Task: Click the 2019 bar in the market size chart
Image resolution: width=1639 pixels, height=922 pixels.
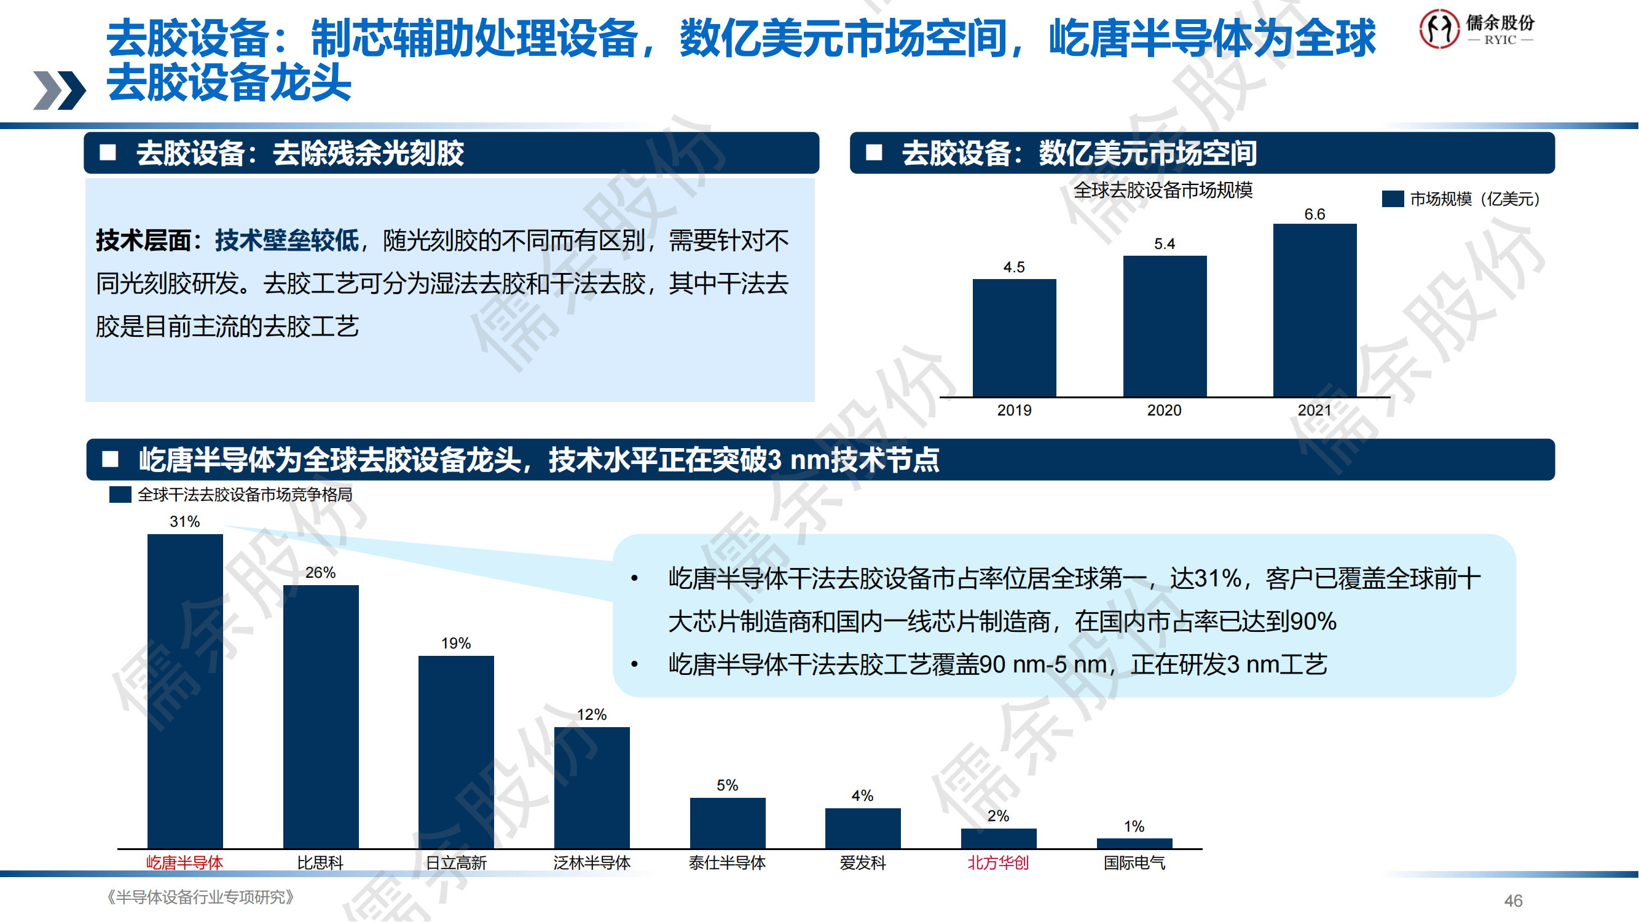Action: pyautogui.click(x=1014, y=337)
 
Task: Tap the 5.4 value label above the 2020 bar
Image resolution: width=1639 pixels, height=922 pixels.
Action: pyautogui.click(x=1165, y=243)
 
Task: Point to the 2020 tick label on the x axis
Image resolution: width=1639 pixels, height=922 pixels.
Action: pyautogui.click(x=1164, y=411)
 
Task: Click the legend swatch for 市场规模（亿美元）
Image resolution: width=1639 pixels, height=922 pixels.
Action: pyautogui.click(x=1393, y=199)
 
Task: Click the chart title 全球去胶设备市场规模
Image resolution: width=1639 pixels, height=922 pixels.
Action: pyautogui.click(x=1163, y=191)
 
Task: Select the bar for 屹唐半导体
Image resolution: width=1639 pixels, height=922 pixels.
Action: pyautogui.click(x=185, y=690)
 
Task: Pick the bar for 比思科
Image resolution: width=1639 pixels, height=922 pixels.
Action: pyautogui.click(x=321, y=716)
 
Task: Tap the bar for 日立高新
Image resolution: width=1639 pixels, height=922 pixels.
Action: pyautogui.click(x=456, y=752)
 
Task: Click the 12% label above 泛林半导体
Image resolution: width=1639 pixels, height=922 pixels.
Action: pyautogui.click(x=592, y=715)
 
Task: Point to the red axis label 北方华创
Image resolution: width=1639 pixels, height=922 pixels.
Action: pyautogui.click(x=997, y=863)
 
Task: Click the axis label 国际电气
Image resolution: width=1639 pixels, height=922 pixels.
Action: pyautogui.click(x=1134, y=863)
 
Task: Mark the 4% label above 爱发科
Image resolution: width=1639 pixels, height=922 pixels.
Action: pyautogui.click(x=862, y=795)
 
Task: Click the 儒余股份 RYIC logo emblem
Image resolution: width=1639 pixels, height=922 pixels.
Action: pyautogui.click(x=1439, y=29)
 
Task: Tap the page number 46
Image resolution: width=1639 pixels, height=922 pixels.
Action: pyautogui.click(x=1513, y=900)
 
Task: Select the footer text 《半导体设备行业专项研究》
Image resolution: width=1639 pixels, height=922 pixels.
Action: pyautogui.click(x=200, y=897)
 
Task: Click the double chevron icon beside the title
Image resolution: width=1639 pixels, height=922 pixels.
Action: pyautogui.click(x=59, y=90)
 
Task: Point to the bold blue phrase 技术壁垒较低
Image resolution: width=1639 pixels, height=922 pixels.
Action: pyautogui.click(x=286, y=240)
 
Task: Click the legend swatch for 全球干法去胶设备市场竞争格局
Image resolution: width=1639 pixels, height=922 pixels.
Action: pyautogui.click(x=120, y=494)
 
